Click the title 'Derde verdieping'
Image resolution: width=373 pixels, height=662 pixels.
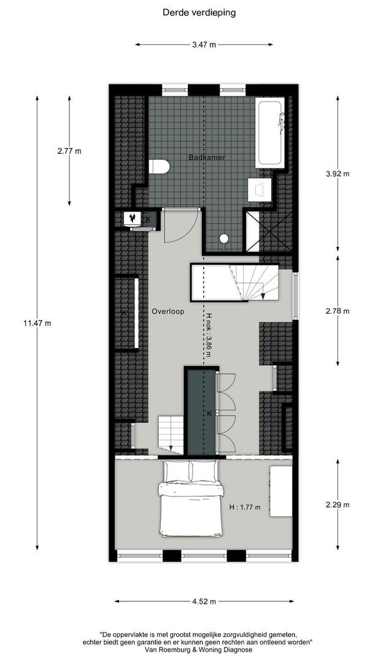click(x=199, y=12)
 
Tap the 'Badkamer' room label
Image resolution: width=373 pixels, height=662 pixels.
click(x=206, y=158)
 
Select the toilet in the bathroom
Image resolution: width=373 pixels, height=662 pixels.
click(x=159, y=167)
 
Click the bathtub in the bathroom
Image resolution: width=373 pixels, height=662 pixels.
click(x=270, y=132)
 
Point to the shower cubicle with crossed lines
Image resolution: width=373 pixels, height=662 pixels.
click(x=267, y=230)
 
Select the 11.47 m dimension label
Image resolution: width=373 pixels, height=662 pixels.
click(x=37, y=323)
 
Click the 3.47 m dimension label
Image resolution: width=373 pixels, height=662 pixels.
click(x=204, y=45)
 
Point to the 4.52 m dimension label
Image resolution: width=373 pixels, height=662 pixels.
click(x=204, y=601)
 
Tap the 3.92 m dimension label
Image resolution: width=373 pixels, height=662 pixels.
click(x=337, y=173)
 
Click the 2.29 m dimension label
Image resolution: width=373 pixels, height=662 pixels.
click(x=337, y=505)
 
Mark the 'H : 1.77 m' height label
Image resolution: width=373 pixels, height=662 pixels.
click(x=245, y=507)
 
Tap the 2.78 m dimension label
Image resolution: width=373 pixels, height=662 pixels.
click(x=337, y=311)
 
